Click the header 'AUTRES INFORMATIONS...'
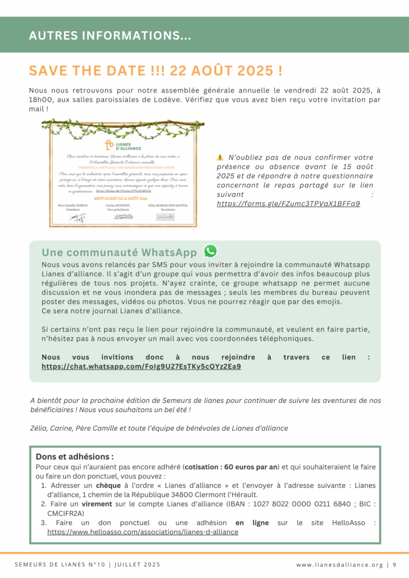(x=110, y=36)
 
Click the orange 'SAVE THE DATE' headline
(x=156, y=71)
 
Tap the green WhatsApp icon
(x=210, y=251)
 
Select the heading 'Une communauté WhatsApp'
(x=119, y=252)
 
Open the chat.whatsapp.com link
(x=141, y=366)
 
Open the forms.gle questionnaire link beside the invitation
(x=289, y=203)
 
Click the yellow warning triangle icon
(x=220, y=157)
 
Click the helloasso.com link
(x=143, y=532)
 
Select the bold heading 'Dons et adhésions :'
(x=75, y=457)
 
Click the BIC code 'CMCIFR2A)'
(x=66, y=513)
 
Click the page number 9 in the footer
(x=394, y=564)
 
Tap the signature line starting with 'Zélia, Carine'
(x=159, y=428)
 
